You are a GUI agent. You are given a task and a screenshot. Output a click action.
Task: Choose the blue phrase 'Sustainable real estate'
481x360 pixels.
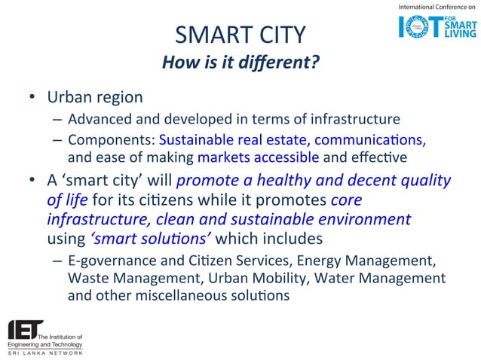(x=225, y=140)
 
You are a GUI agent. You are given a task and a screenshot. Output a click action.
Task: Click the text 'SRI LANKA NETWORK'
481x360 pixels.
(x=45, y=352)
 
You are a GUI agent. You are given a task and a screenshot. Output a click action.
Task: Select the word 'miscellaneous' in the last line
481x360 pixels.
(x=179, y=295)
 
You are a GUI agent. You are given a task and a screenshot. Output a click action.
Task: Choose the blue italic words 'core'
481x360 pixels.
(x=347, y=200)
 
